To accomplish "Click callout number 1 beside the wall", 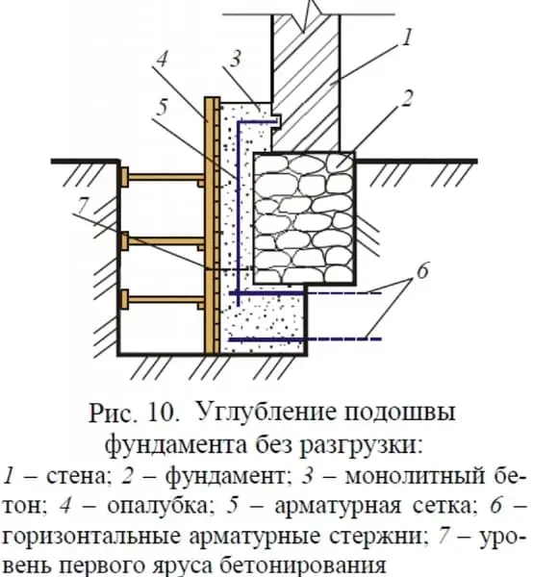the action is pos(406,38).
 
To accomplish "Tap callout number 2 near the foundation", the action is pos(406,98).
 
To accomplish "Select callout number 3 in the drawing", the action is pos(236,59).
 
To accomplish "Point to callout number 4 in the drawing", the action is pos(162,60).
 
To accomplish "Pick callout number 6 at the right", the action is pos(422,271).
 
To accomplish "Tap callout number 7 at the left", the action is pos(83,206).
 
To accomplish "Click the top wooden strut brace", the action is pos(163,177).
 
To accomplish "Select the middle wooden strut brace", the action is pos(163,241).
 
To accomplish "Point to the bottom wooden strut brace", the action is pos(163,299).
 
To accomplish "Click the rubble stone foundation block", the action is pos(304,218).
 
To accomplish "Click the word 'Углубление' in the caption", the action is pos(267,413).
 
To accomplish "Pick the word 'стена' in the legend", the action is pos(78,477).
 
